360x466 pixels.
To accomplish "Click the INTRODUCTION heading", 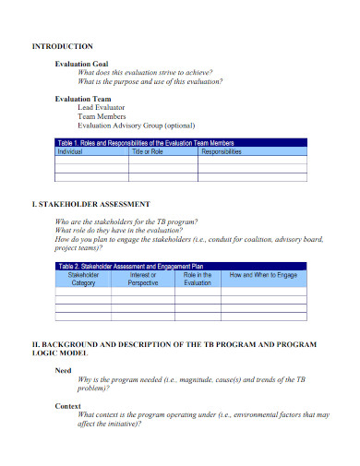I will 63,45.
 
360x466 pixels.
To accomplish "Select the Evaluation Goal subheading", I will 81,64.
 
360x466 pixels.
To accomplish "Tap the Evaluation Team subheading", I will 83,98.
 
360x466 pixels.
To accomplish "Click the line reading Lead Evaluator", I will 104,107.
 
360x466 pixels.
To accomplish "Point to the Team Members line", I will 102,116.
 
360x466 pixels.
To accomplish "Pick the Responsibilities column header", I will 221,151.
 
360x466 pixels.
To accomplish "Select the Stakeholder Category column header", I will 84,279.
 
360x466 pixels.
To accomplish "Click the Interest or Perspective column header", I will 143,279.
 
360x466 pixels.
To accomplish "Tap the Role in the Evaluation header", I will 198,279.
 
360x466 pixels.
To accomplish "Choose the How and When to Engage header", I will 263,275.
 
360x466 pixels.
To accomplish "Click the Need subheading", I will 63,370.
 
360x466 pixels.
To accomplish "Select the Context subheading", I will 68,406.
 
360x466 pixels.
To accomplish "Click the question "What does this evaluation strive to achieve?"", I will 145,72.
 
